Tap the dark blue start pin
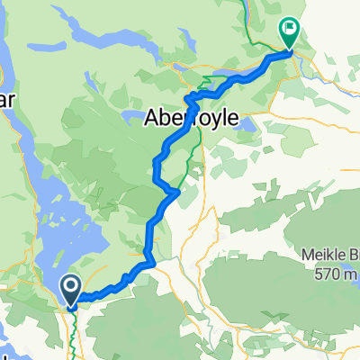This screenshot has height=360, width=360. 71,290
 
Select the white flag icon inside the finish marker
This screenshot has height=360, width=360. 290,28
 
